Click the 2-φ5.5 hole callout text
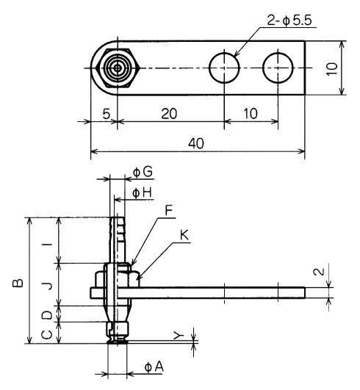(289, 20)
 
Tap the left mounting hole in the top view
(224, 68)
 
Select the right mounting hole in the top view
(278, 68)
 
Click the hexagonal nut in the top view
(117, 68)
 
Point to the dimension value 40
(196, 143)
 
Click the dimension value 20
(169, 114)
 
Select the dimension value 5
(107, 114)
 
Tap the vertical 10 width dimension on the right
(331, 68)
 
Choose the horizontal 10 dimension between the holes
(251, 114)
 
